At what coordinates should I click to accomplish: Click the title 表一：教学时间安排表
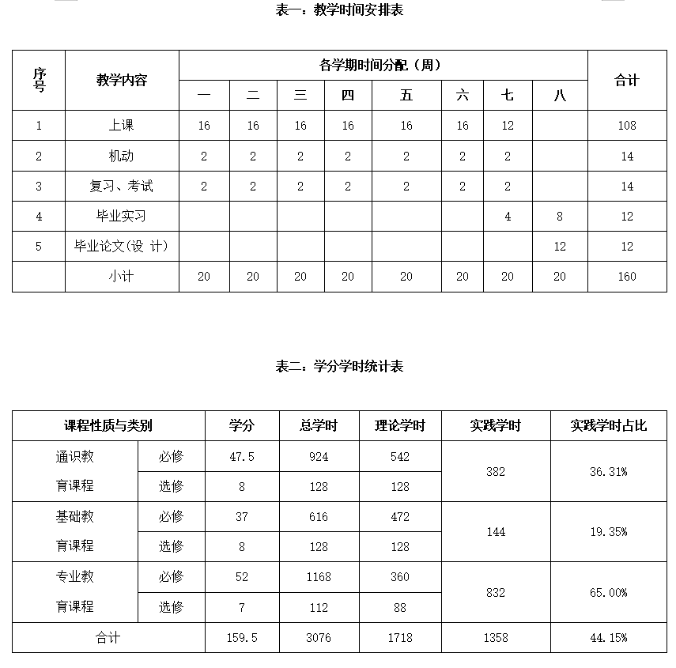338,10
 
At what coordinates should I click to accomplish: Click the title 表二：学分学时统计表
338,366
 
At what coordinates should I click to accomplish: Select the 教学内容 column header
122,80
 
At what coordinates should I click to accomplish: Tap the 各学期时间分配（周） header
383,65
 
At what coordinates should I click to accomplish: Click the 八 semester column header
560,96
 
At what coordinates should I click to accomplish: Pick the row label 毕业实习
122,216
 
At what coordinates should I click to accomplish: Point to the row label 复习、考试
122,186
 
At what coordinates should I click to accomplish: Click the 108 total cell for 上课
627,125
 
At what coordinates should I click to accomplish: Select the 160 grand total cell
627,276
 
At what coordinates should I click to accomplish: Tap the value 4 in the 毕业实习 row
508,216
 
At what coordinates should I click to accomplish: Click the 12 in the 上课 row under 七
508,125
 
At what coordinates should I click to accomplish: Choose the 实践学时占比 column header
608,425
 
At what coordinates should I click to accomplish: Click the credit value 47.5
242,456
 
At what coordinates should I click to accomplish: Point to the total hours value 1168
319,577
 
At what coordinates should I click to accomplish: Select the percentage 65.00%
608,592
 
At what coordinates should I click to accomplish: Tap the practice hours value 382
496,471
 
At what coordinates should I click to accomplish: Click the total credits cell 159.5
242,637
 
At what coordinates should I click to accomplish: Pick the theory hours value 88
400,607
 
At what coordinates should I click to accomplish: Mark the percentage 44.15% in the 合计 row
608,637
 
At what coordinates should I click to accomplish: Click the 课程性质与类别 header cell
108,425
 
